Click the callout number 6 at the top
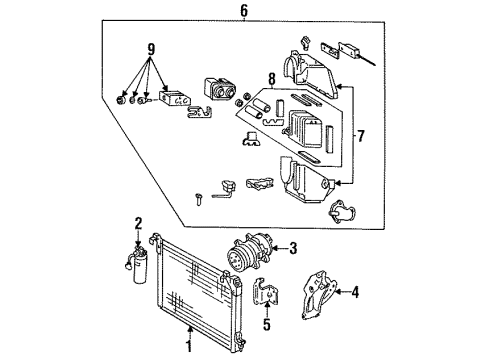(x=244, y=10)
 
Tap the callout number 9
(x=151, y=50)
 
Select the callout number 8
(x=272, y=79)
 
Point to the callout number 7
(x=360, y=136)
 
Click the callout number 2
(x=138, y=223)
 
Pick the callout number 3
(x=293, y=248)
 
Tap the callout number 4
(x=355, y=292)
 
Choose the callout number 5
(x=267, y=324)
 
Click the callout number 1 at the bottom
(x=189, y=346)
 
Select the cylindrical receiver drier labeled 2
(x=137, y=266)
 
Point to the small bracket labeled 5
(x=266, y=291)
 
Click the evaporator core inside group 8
(x=305, y=128)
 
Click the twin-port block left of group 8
(x=219, y=88)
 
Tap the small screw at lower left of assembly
(x=199, y=199)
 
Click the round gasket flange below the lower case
(x=341, y=211)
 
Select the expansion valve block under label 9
(x=174, y=98)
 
